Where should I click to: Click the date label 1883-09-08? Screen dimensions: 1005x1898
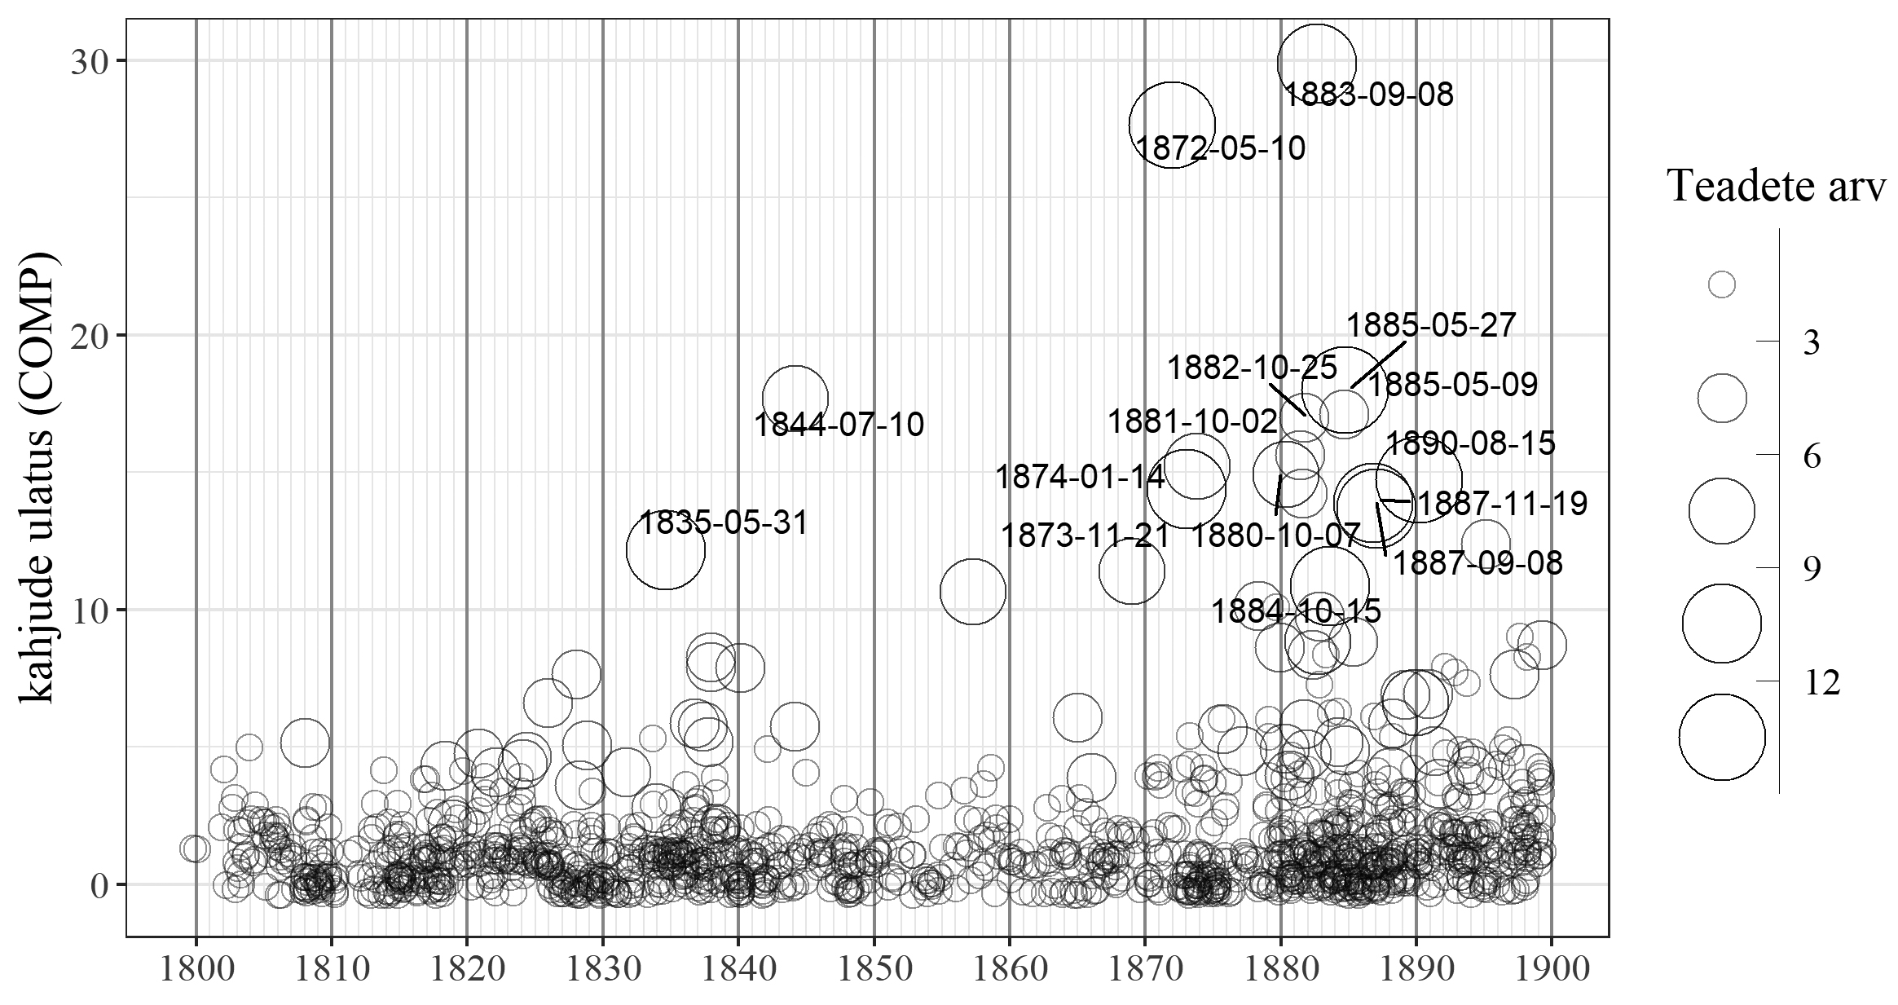1368,95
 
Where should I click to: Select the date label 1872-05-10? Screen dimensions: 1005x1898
1220,149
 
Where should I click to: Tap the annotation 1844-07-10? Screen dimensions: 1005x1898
839,425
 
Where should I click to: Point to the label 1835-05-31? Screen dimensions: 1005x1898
723,522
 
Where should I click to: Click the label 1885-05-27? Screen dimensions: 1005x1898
1430,326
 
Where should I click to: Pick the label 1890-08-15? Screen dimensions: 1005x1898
1470,444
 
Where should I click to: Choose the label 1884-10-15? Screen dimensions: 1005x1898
1296,611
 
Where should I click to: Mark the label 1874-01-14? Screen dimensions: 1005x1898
1080,478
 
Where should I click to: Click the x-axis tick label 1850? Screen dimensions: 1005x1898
874,970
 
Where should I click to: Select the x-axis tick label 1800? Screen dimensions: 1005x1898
196,970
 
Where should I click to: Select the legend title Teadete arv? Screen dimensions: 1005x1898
1776,187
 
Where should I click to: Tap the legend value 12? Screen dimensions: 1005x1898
1822,682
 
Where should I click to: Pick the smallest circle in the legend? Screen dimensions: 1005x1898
1721,284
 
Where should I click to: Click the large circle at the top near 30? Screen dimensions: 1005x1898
1317,63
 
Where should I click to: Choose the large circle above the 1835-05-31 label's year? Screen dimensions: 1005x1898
665,550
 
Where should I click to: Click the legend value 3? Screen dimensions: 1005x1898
1811,343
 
